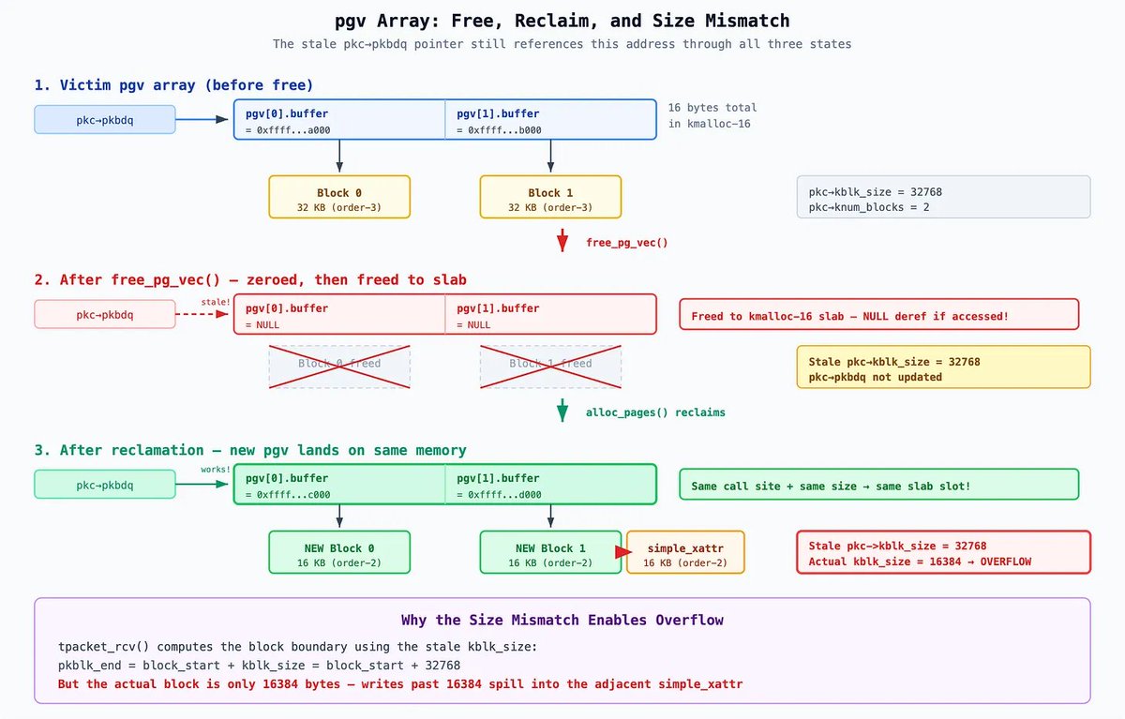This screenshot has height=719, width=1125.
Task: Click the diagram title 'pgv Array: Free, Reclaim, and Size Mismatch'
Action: [562, 20]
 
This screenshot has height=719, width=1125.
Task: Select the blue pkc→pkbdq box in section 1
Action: [105, 120]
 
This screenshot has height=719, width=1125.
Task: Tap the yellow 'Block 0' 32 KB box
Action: [339, 197]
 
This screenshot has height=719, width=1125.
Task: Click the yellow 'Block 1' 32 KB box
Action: [550, 197]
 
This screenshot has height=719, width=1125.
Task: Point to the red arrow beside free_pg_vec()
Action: [562, 241]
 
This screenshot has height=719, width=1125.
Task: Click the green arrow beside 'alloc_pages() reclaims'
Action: [562, 411]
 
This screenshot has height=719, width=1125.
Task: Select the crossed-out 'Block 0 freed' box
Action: [339, 366]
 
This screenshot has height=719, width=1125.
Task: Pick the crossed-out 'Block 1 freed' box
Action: [550, 366]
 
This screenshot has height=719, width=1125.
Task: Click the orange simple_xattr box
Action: [685, 553]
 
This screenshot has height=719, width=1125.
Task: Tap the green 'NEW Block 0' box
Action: [339, 553]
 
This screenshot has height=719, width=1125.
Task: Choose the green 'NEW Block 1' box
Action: [550, 553]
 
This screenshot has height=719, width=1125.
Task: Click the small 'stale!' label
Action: [215, 302]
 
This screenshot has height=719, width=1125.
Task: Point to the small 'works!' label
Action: [215, 470]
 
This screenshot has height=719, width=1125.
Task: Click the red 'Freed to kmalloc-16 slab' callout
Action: [879, 315]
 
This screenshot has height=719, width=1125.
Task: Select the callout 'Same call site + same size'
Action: [879, 485]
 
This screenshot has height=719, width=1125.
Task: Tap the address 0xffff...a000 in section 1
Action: [287, 130]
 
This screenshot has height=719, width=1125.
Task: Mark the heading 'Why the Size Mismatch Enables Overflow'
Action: [562, 620]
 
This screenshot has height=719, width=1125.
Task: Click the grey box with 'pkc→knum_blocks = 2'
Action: [943, 198]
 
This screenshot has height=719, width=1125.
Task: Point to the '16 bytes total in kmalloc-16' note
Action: [712, 115]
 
